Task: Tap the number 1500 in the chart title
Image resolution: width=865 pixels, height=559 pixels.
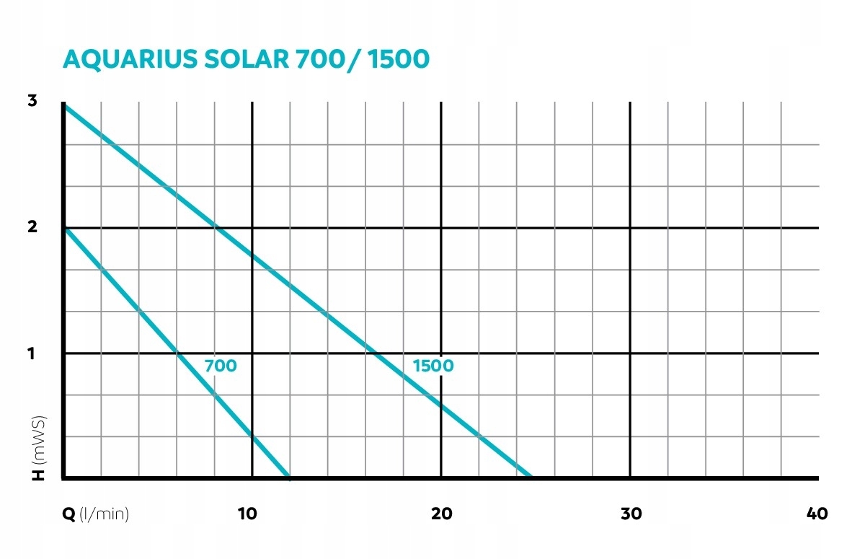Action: point(398,59)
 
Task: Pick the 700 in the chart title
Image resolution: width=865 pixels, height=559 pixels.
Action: point(321,59)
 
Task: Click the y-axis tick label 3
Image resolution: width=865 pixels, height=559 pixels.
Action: point(32,102)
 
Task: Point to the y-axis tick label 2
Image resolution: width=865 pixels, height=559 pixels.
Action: point(32,227)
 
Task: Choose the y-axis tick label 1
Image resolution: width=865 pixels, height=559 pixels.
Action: point(32,353)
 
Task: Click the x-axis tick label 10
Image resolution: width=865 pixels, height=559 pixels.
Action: point(247,514)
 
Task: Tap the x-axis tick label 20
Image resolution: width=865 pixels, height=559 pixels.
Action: point(442,514)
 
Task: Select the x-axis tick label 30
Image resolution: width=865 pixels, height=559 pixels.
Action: point(631,514)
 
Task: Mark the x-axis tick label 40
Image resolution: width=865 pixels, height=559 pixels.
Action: point(817,514)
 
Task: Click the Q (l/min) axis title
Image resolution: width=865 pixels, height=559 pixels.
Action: point(97,514)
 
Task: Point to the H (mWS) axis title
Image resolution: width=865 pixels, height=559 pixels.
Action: point(39,447)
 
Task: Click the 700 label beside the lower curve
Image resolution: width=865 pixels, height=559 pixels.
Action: point(221,366)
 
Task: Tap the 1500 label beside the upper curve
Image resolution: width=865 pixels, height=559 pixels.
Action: point(433,366)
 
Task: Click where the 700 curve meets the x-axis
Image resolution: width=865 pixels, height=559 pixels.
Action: point(289,477)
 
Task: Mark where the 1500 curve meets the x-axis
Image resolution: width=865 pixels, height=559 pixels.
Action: point(531,477)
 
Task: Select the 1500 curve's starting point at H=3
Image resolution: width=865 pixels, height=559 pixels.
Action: point(65,106)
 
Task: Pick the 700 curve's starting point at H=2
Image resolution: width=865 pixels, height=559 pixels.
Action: point(65,229)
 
